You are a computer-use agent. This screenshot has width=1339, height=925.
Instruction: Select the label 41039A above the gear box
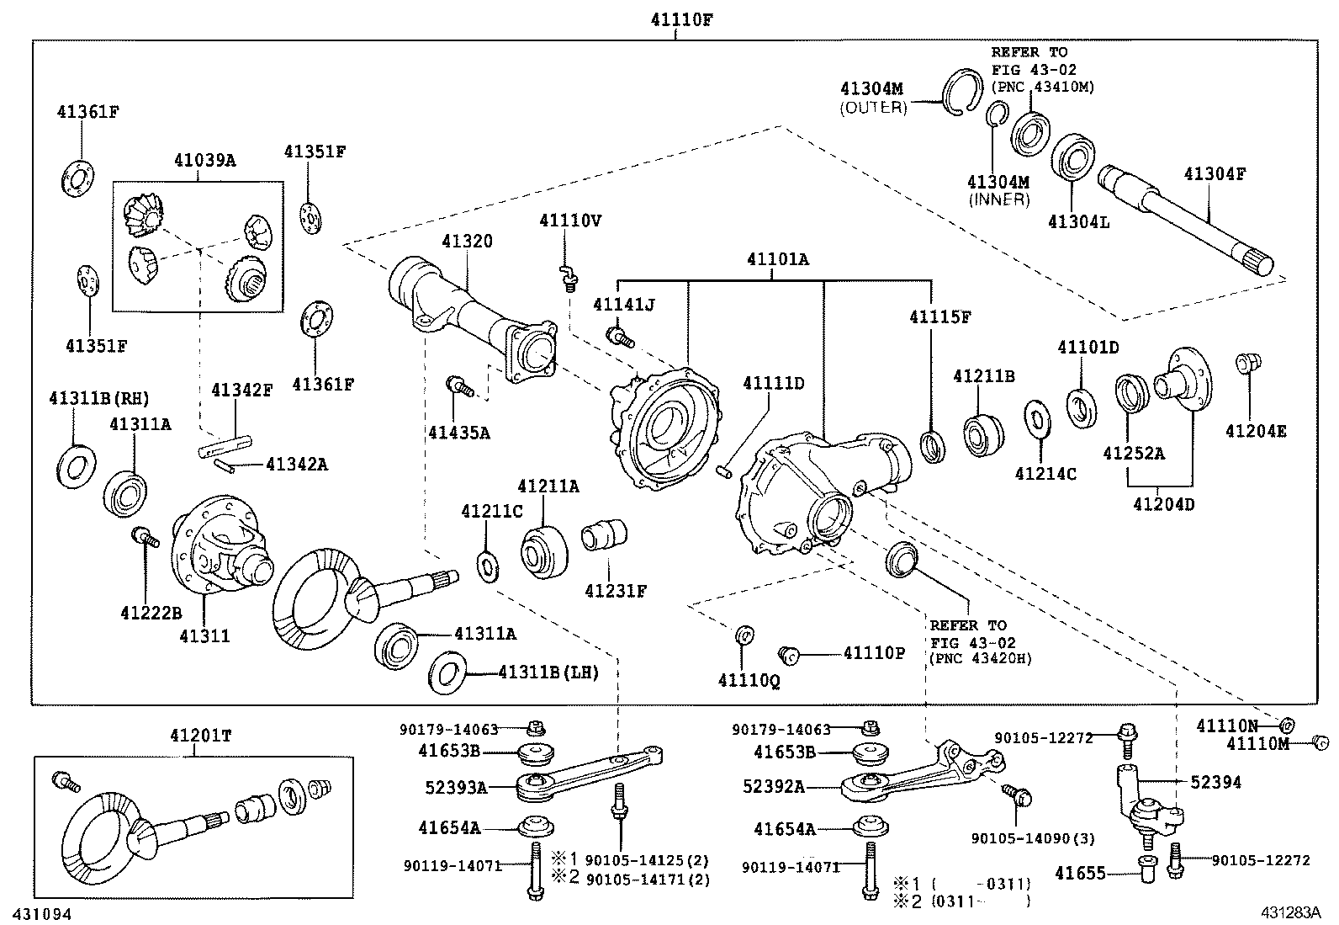(x=204, y=159)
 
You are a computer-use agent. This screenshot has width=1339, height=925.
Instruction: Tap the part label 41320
(x=468, y=242)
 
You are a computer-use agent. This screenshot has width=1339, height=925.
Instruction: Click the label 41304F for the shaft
(x=1215, y=174)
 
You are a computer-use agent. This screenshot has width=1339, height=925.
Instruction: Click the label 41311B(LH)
(x=548, y=672)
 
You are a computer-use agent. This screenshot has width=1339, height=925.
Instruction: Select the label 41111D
(x=773, y=384)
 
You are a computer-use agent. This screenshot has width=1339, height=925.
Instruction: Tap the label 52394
(x=1216, y=782)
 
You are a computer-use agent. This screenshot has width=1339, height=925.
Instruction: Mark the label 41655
(x=1103, y=874)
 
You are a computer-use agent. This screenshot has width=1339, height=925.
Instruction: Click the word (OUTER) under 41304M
(x=873, y=107)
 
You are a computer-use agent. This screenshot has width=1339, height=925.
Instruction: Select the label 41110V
(x=571, y=221)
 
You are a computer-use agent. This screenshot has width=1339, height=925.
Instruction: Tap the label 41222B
(x=151, y=613)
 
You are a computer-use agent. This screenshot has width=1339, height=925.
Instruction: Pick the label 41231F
(x=616, y=590)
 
